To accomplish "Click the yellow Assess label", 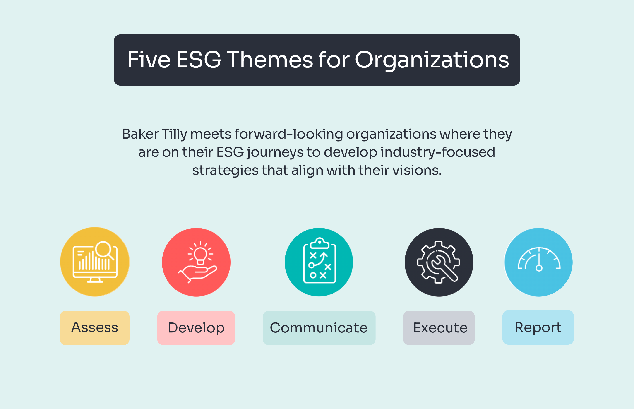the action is click(x=94, y=328).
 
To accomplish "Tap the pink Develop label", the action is click(x=196, y=328).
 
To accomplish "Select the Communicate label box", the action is click(x=319, y=328).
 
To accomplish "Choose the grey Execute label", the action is click(x=439, y=328).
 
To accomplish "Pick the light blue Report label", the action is click(x=538, y=327).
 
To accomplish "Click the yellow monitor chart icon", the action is click(x=95, y=262).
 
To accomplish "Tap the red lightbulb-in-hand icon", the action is click(x=196, y=262).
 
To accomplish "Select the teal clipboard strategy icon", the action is click(x=319, y=262).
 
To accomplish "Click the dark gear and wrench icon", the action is click(x=439, y=262).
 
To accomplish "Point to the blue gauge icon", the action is click(x=538, y=262).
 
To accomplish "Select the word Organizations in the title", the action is click(x=432, y=60).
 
